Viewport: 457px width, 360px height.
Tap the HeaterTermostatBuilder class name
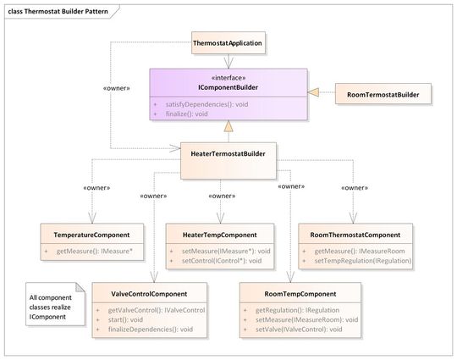tap(228, 153)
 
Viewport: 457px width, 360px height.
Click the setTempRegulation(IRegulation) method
tap(362, 262)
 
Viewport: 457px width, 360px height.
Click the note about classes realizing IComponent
tap(52, 307)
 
